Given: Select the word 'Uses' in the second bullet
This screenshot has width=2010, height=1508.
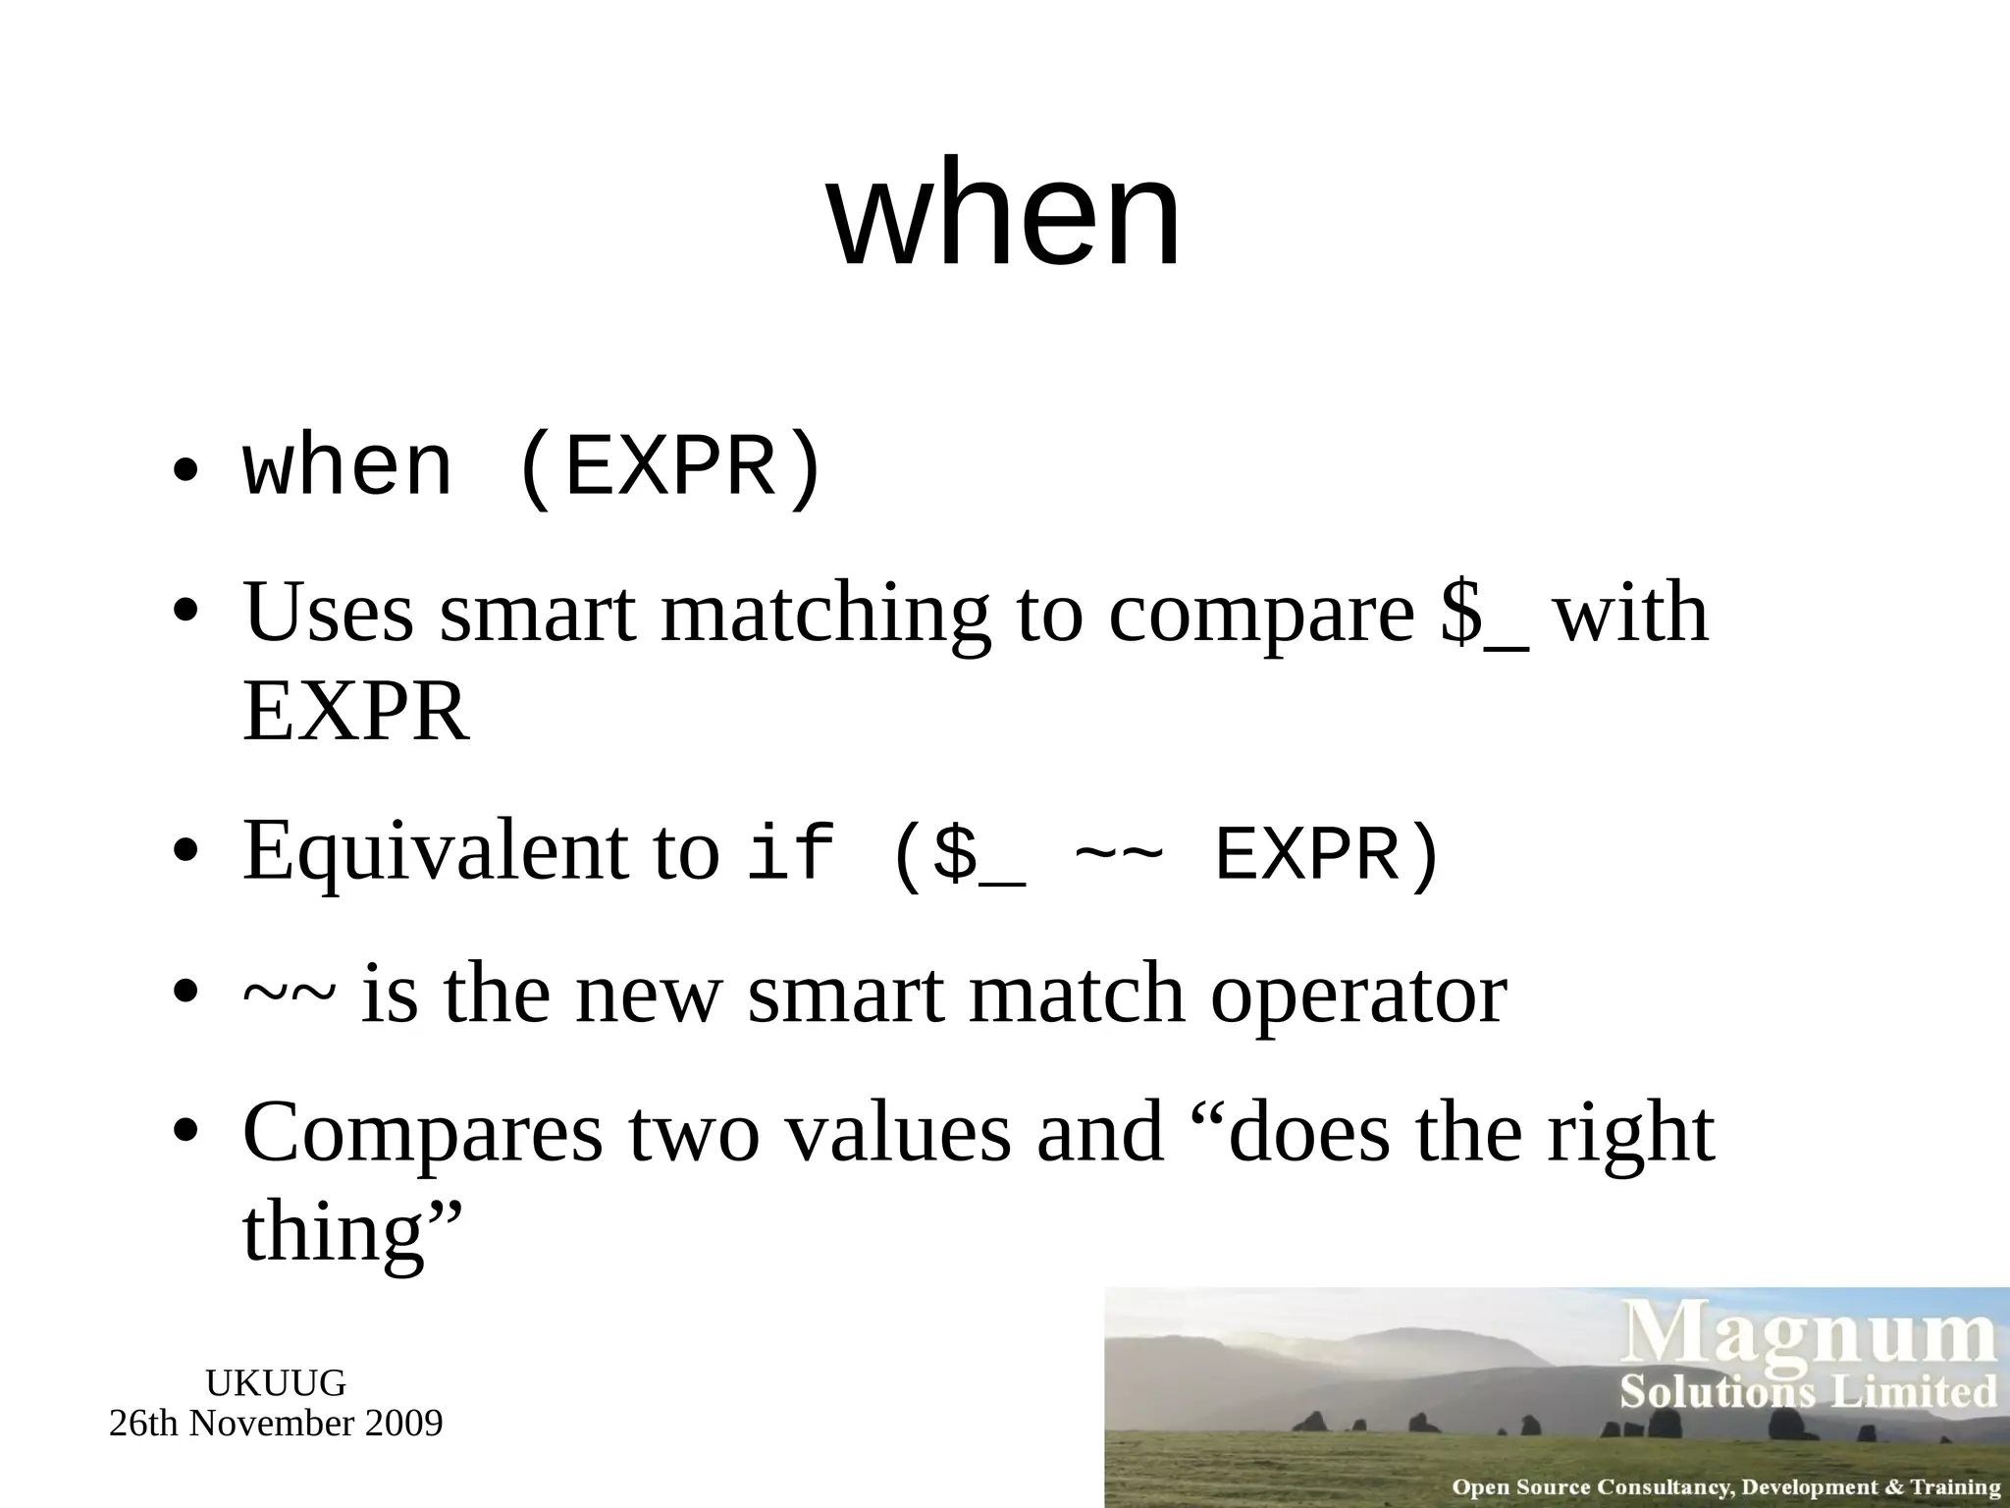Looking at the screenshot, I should (329, 613).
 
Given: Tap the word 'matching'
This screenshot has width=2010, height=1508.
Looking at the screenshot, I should (825, 615).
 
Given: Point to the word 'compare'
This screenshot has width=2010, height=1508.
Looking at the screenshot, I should (1261, 615).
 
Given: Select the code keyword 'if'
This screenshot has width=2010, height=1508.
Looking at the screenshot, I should (791, 852).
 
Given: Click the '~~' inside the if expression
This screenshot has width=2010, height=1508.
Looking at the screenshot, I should (1119, 852).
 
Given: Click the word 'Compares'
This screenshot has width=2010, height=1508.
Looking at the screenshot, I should (422, 1133).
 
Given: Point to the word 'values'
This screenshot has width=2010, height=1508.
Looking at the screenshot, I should (899, 1133).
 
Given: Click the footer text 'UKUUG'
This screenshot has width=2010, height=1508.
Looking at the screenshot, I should (276, 1383).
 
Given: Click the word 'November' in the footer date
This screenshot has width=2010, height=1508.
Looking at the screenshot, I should (272, 1424).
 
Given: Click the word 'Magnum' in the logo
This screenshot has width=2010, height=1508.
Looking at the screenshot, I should (1812, 1333).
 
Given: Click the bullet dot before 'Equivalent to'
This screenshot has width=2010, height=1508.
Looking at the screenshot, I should (185, 850).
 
